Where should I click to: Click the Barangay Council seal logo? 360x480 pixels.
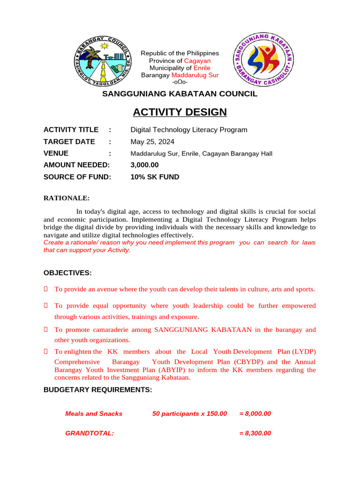click(x=104, y=62)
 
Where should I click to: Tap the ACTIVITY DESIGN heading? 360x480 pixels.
click(x=180, y=112)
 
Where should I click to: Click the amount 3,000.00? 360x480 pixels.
click(x=144, y=165)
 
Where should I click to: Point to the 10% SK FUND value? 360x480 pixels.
click(x=155, y=177)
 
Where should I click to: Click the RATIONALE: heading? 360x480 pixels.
click(x=66, y=198)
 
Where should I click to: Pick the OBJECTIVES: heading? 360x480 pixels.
click(x=67, y=273)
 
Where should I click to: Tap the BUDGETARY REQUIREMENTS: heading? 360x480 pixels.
click(x=97, y=390)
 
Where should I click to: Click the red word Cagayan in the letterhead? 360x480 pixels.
click(x=197, y=61)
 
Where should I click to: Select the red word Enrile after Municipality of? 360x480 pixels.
click(x=202, y=68)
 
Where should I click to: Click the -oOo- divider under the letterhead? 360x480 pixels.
click(x=180, y=82)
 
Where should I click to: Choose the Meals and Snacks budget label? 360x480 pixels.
click(x=94, y=413)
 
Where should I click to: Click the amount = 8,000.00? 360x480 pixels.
click(x=255, y=413)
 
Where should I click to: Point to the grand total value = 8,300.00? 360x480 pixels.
click(x=255, y=433)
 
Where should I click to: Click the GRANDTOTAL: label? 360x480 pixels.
click(x=90, y=433)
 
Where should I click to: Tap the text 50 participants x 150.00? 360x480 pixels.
click(x=189, y=413)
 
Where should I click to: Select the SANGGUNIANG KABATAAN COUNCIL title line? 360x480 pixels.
click(x=180, y=94)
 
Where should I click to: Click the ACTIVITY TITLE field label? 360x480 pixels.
click(x=71, y=130)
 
